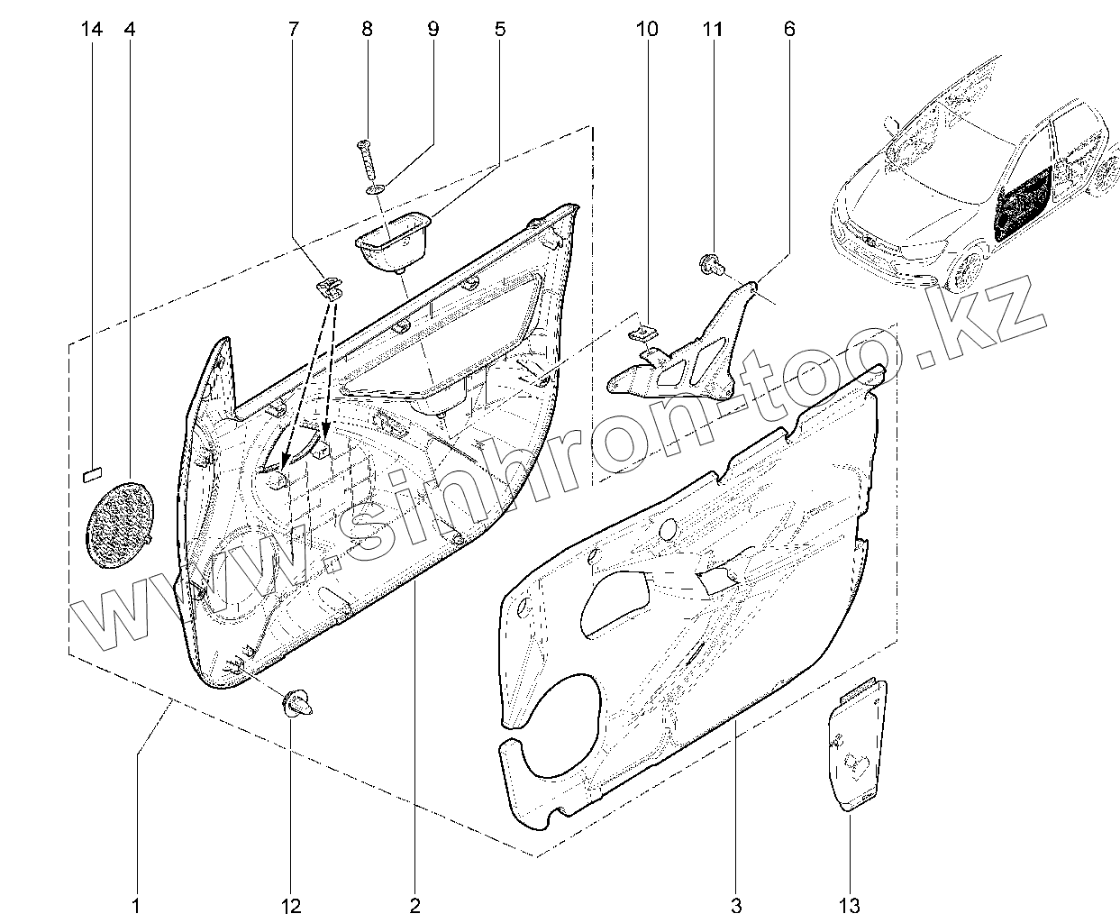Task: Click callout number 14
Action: click(x=92, y=30)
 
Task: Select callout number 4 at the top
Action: click(x=129, y=30)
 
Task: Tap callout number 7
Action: click(x=293, y=30)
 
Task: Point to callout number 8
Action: click(x=367, y=30)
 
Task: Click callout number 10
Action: click(x=646, y=30)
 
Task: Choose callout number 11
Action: click(x=712, y=30)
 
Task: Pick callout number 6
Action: click(x=788, y=30)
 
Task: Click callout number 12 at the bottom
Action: click(x=291, y=904)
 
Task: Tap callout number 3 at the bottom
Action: click(x=736, y=904)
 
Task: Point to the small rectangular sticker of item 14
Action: click(x=94, y=470)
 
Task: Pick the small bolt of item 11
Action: click(x=708, y=263)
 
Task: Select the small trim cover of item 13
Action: click(x=857, y=744)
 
